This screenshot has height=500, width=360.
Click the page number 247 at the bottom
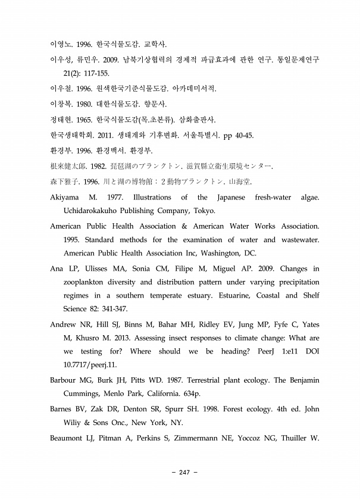tap(183, 472)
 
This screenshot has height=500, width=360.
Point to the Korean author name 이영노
tap(61, 44)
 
